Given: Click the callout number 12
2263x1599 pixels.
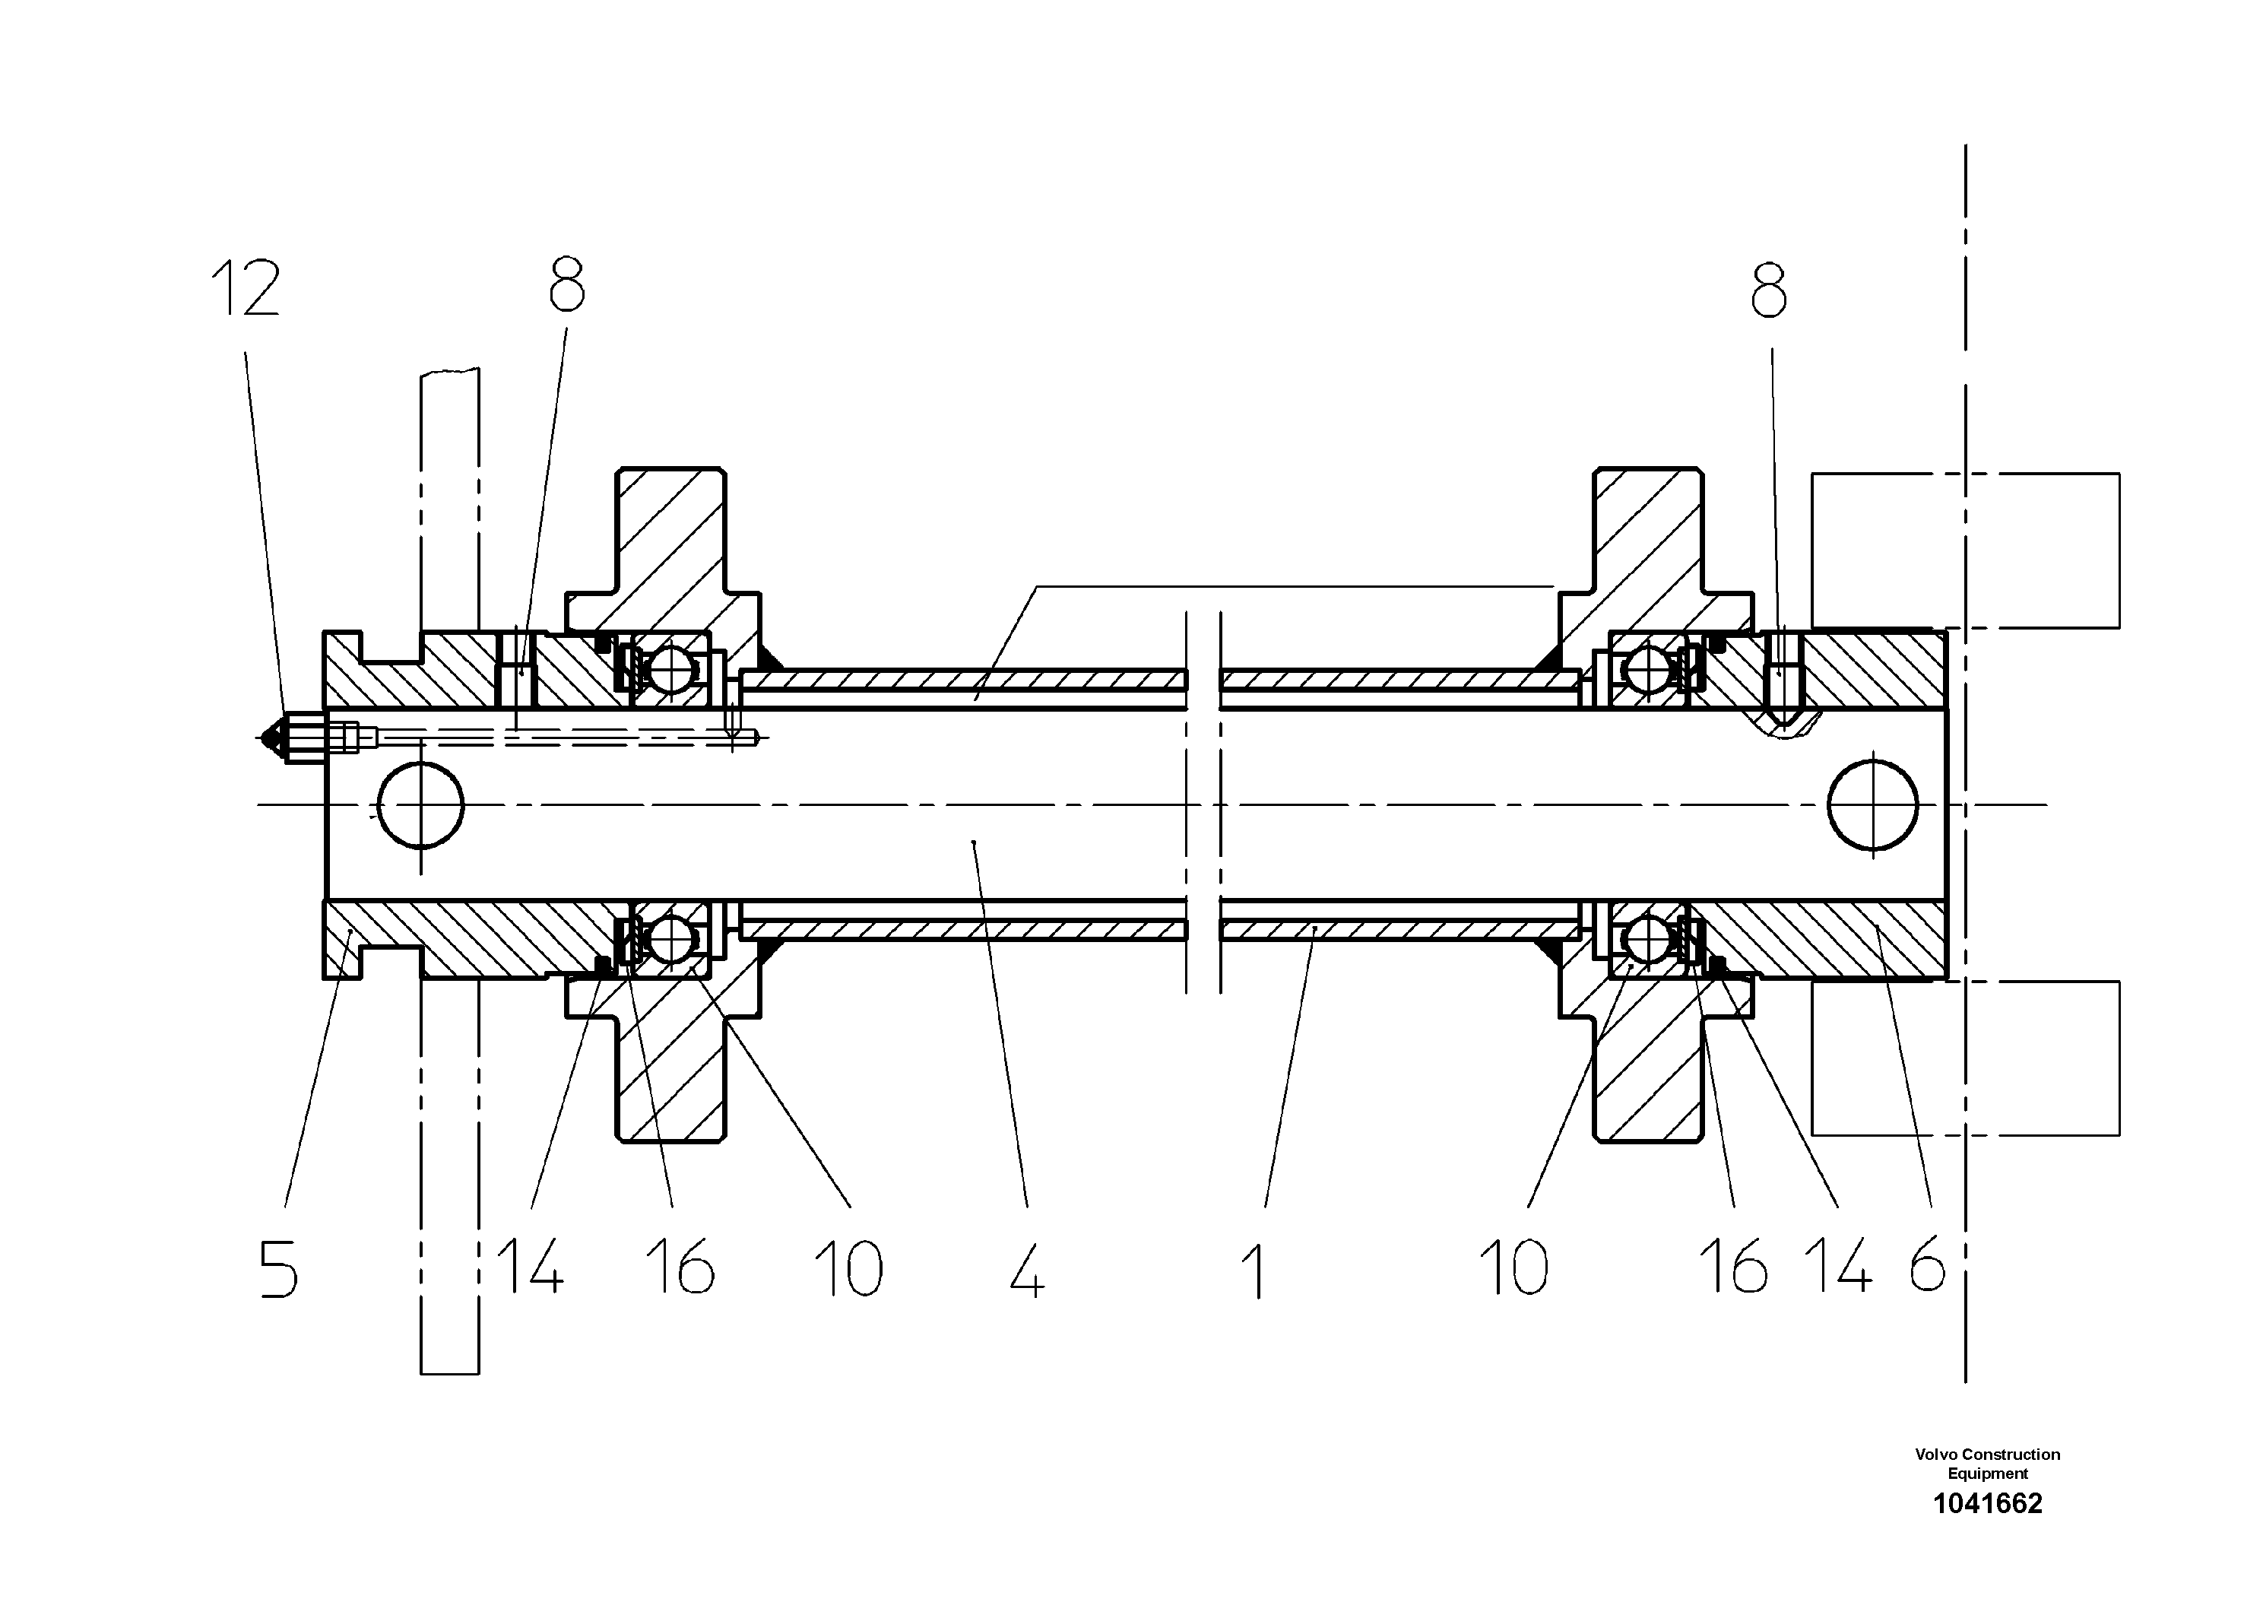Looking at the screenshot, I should coord(246,288).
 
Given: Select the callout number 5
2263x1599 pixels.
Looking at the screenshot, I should coord(278,1269).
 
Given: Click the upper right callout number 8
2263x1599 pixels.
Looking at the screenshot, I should coord(1769,290).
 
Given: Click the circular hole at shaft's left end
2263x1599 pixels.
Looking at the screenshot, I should coord(421,804).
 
